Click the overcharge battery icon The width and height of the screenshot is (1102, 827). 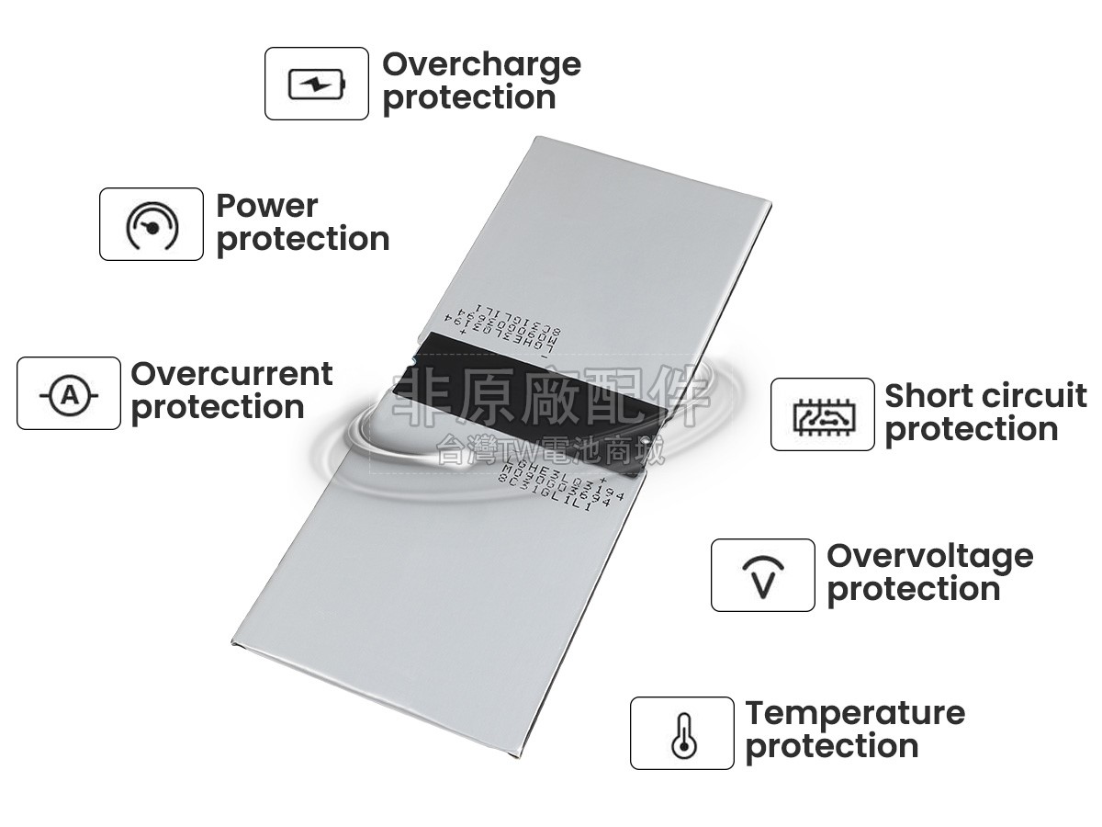point(317,85)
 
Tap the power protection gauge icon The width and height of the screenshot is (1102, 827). point(152,225)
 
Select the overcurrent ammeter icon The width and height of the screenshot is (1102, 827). point(69,394)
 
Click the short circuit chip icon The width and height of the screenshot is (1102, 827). point(822,415)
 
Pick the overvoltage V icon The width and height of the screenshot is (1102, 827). point(762,576)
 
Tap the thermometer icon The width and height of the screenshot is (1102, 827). point(681,734)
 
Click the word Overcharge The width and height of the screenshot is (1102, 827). point(481,64)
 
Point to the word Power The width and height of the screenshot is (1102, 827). point(266,206)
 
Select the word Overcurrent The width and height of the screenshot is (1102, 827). point(231,374)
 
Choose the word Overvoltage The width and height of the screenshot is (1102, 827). point(929,556)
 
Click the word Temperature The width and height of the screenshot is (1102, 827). point(855,713)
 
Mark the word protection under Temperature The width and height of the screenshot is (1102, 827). point(832,746)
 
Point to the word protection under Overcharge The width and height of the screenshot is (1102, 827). point(468,97)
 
